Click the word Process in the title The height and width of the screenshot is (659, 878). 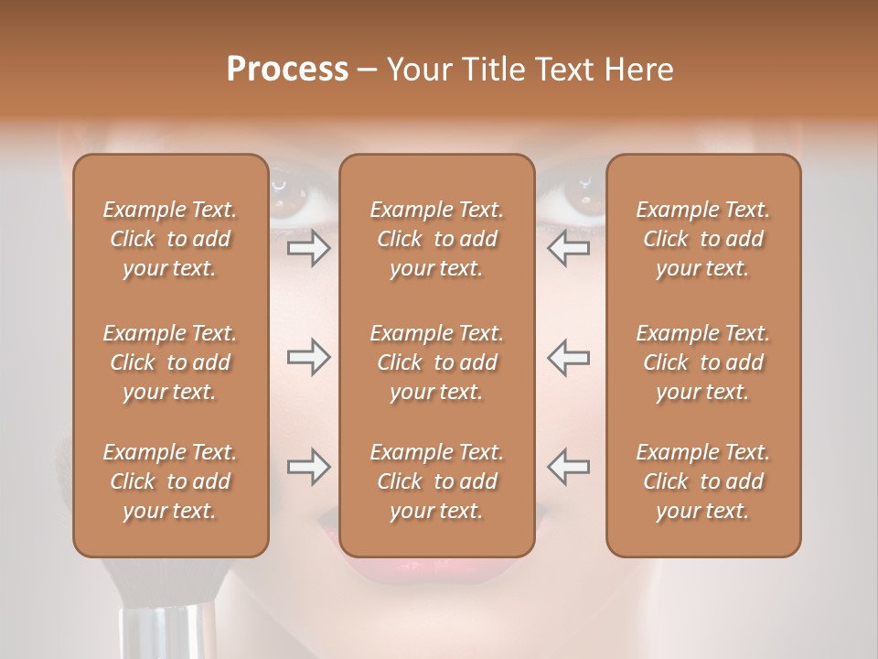tap(287, 69)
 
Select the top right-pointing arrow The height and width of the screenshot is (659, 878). tap(308, 248)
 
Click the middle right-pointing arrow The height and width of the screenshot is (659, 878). tap(308, 358)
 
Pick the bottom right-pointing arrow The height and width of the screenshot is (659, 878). tap(308, 467)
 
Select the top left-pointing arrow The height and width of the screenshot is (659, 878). tap(569, 248)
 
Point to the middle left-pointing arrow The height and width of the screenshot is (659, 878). tap(569, 358)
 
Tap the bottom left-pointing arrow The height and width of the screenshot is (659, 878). tap(569, 467)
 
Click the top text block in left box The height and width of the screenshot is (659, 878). tap(170, 239)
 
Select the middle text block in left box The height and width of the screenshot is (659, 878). tap(170, 362)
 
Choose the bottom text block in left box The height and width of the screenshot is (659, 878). tap(170, 481)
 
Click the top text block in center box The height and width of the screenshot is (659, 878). tap(437, 239)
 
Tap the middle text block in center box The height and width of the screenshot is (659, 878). tap(437, 362)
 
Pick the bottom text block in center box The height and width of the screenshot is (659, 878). tap(437, 481)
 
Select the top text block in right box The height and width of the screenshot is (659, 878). tap(703, 239)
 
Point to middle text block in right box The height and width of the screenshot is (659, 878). tap(703, 362)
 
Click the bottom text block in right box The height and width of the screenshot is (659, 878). tap(703, 481)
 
